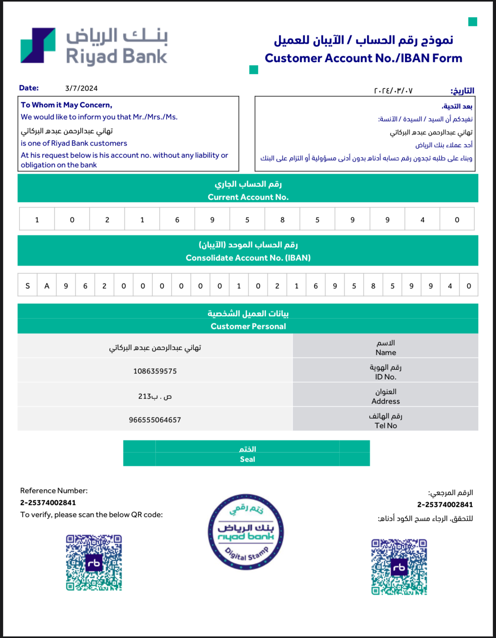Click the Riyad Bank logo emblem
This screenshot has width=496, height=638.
38,45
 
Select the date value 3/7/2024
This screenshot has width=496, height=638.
81,88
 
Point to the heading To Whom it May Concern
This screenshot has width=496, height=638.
66,105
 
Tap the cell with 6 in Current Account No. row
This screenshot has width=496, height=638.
177,220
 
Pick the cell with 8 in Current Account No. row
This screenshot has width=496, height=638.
282,220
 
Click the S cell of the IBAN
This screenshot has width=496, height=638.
27,286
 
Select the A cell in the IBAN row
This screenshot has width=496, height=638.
47,286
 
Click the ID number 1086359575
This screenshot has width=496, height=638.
155,371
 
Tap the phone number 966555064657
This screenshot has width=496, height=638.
155,420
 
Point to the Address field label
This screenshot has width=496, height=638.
386,401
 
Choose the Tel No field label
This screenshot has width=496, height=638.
386,426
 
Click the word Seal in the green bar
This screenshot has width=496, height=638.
247,459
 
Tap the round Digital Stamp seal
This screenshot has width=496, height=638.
246,532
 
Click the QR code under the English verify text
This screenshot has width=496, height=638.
94,563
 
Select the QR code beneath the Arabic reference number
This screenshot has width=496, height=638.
399,567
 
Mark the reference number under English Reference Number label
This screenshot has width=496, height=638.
48,503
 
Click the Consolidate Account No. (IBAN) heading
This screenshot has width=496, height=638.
248,258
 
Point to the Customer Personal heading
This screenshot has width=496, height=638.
248,326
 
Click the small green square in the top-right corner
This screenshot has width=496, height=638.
472,22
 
